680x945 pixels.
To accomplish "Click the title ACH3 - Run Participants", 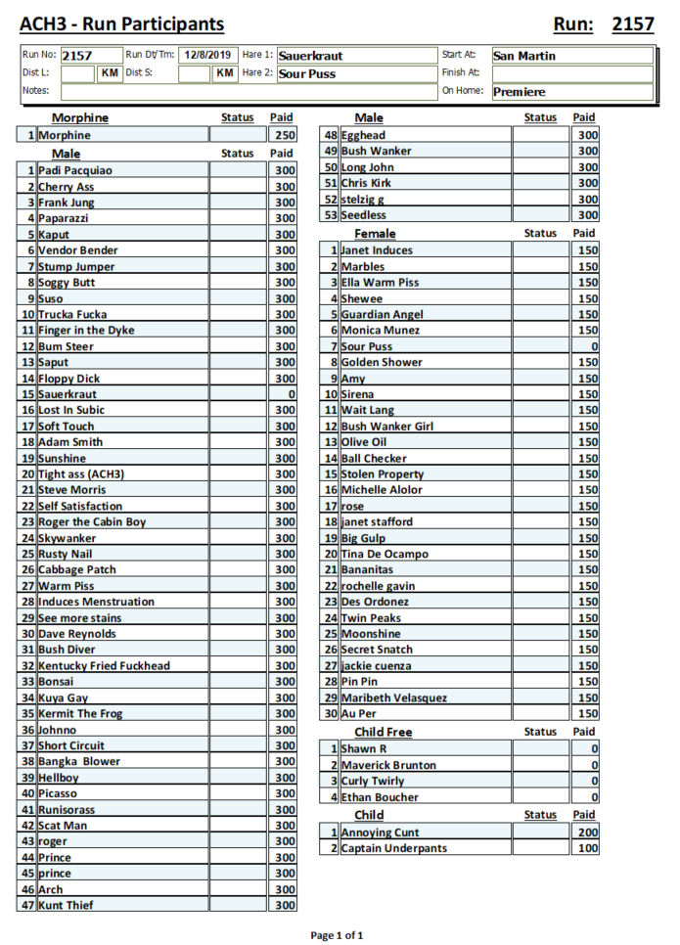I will pyautogui.click(x=121, y=24).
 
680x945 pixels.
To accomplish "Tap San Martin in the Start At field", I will pyautogui.click(x=524, y=56).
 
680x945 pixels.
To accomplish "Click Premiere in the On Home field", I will pyautogui.click(x=520, y=92).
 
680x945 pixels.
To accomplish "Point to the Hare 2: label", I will pyautogui.click(x=257, y=72).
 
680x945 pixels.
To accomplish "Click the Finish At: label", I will pyautogui.click(x=461, y=72).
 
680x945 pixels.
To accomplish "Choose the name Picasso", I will pyautogui.click(x=58, y=793).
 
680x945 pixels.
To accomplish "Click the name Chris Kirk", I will pyautogui.click(x=367, y=183).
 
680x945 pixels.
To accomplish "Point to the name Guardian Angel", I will pyautogui.click(x=382, y=314).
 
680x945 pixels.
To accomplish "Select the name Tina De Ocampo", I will pyautogui.click(x=385, y=554).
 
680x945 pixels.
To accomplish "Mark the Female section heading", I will pyautogui.click(x=375, y=234).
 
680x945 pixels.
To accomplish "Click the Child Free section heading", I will pyautogui.click(x=383, y=732).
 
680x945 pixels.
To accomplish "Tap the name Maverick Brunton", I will pyautogui.click(x=388, y=765).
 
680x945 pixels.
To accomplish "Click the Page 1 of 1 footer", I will pyautogui.click(x=337, y=935).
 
